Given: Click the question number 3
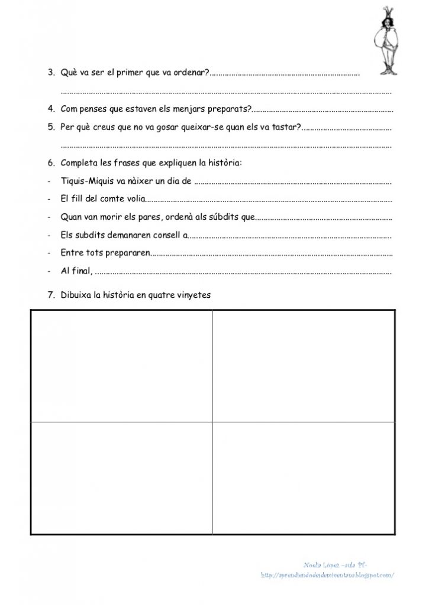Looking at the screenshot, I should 51,73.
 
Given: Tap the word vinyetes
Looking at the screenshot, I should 192,295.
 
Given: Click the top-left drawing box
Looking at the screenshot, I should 121,366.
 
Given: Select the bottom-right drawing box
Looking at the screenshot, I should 304,478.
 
